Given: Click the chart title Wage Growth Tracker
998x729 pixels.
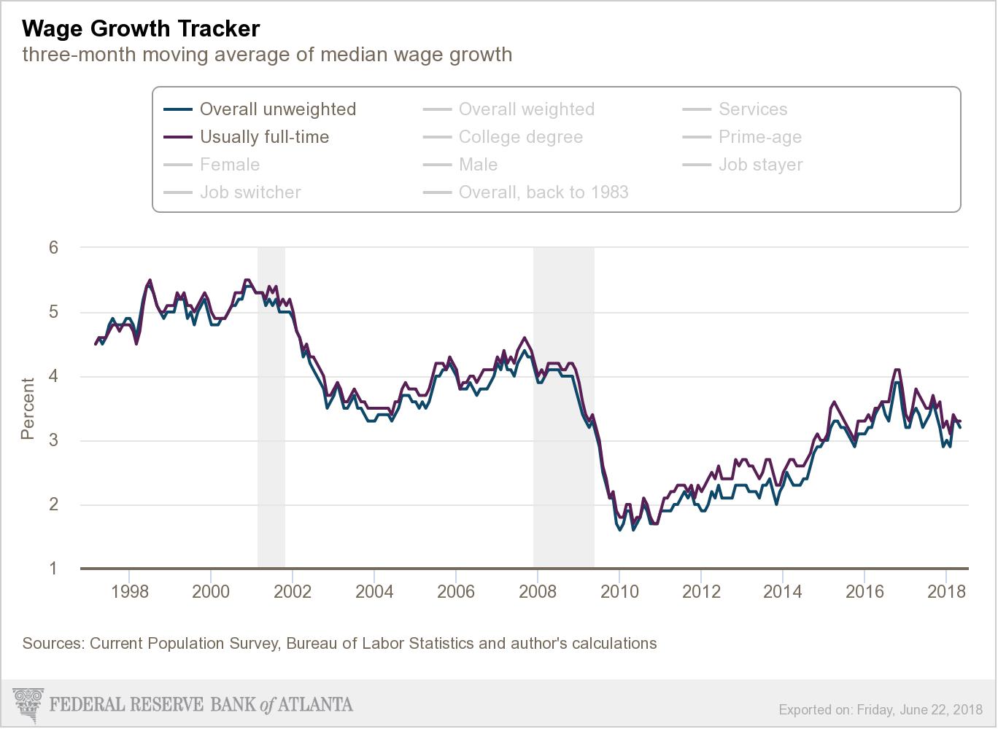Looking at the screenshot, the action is [x=141, y=28].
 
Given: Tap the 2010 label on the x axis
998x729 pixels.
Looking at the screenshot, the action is [x=619, y=591].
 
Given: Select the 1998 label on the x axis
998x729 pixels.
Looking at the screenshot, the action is [x=130, y=591].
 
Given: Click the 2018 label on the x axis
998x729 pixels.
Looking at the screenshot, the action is [x=945, y=591].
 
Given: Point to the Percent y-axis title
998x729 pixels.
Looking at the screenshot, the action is [x=28, y=408].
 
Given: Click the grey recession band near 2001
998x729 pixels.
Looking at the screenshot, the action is [x=271, y=408].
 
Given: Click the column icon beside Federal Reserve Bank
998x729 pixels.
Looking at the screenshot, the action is [x=29, y=704].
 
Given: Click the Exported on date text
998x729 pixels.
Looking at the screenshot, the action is [x=881, y=709].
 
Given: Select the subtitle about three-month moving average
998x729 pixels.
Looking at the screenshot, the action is [x=267, y=55].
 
